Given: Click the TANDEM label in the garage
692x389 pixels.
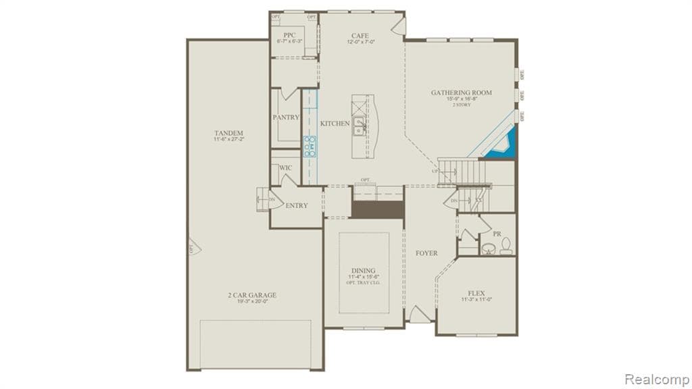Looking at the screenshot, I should pos(228,133).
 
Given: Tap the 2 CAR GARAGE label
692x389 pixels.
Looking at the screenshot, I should pos(251,295).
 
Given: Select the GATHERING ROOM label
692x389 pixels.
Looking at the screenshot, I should pos(462,93).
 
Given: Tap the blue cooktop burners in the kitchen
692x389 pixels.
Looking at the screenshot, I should pos(310,146).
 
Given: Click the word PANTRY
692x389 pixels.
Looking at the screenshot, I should pos(286,118).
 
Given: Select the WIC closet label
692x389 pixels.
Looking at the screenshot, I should pos(285,167).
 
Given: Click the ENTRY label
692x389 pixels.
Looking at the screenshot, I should pos(296,205).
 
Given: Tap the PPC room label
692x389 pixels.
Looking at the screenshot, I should pos(289,35).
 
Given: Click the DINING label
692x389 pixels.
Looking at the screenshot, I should pos(364,270).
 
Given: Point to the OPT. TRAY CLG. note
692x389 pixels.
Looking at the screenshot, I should pos(364,282).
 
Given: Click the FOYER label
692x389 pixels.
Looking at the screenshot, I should pos(426,253).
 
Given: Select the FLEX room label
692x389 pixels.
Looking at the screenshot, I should pos(477,294).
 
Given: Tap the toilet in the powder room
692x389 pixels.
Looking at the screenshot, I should pos(505,247).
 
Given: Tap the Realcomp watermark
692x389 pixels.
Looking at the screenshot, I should pos(656,379).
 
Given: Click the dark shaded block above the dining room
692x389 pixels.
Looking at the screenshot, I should pos(377,209).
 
